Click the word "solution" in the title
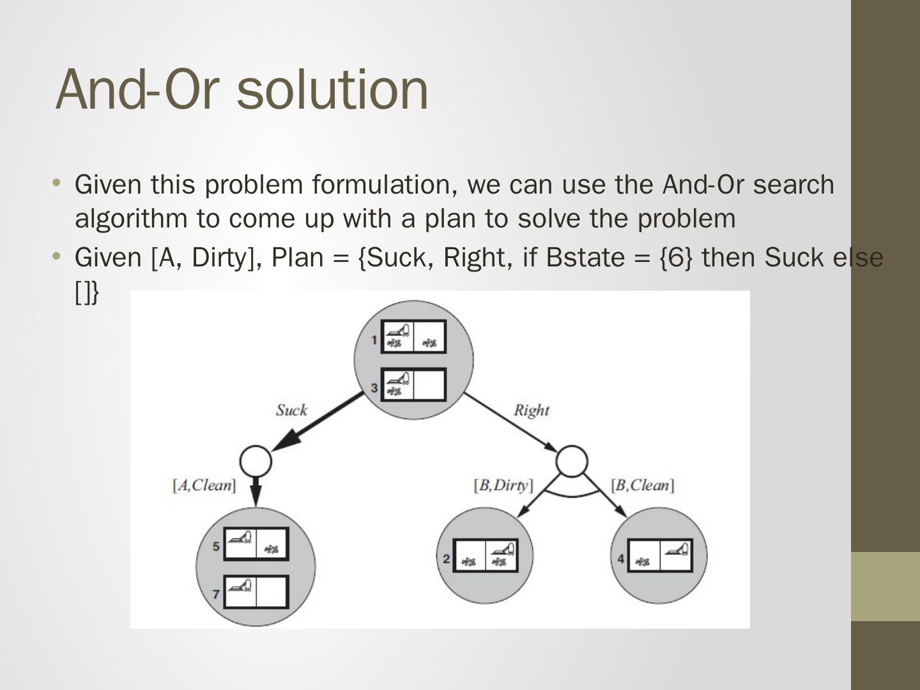coord(332,89)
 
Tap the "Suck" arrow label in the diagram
coord(291,410)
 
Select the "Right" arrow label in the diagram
coord(532,410)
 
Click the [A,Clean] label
coord(204,486)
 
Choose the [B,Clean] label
coord(643,486)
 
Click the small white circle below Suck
coord(256,461)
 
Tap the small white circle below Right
coord(571,461)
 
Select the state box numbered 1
coord(413,337)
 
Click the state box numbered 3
coord(413,385)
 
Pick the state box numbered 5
coord(256,544)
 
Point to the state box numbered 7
coord(256,592)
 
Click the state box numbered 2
coord(486,555)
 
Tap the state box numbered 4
coord(659,555)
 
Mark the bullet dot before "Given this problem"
coord(57,183)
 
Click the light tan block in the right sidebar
coord(885,586)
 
